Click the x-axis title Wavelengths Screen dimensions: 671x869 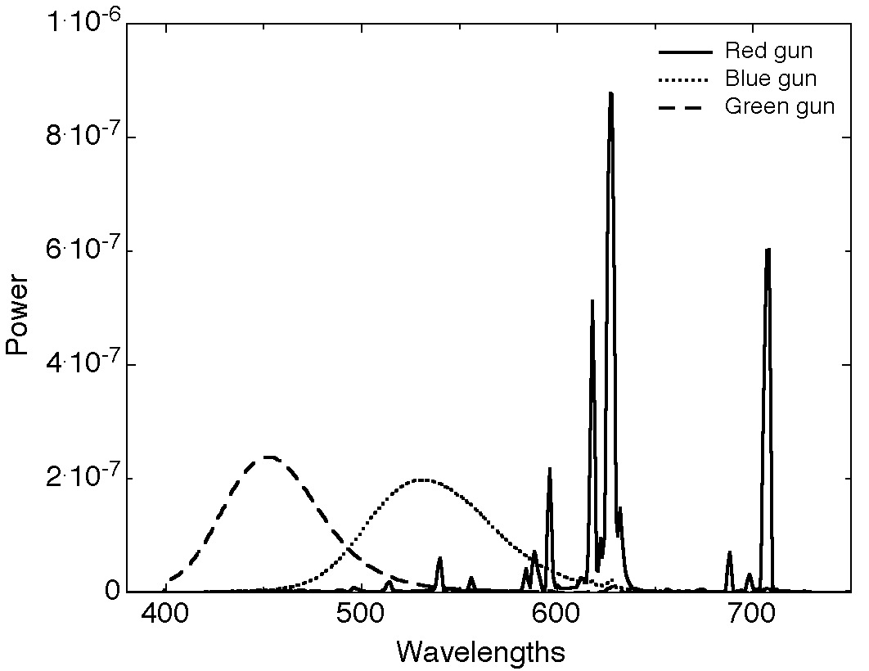pyautogui.click(x=481, y=652)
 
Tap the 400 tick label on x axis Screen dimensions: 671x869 pyautogui.click(x=165, y=615)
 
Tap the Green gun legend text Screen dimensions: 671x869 pyautogui.click(x=780, y=106)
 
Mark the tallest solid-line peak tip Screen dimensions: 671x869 pyautogui.click(x=610, y=94)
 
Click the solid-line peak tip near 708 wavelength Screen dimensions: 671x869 pyautogui.click(x=768, y=250)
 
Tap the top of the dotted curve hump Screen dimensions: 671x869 pyautogui.click(x=421, y=480)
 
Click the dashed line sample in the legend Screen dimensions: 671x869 pyautogui.click(x=685, y=107)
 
